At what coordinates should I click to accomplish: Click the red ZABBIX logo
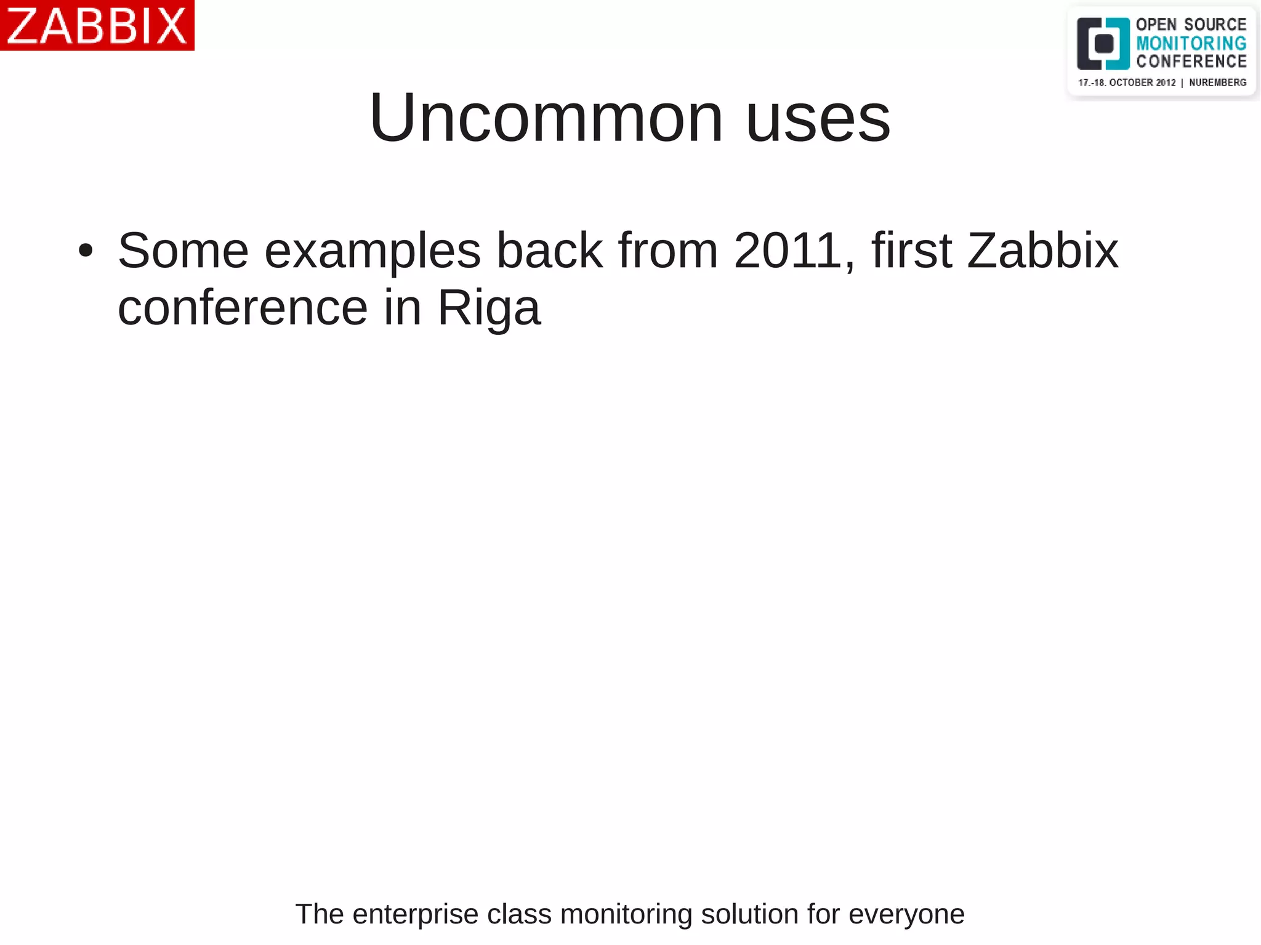pos(97,25)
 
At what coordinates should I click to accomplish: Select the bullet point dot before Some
pos(86,251)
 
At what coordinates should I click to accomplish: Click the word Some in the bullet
pos(183,251)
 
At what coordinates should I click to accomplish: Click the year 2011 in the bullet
pos(788,251)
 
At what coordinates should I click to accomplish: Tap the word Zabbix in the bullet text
pos(1042,251)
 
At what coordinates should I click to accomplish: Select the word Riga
pos(488,308)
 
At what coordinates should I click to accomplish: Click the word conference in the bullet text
pos(243,307)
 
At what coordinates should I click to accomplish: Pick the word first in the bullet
pos(912,251)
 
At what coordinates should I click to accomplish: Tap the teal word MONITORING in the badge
pos(1191,43)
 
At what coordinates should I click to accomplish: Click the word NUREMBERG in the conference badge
pos(1217,82)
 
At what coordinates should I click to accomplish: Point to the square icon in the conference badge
pos(1103,44)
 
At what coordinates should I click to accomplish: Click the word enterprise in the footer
pos(416,914)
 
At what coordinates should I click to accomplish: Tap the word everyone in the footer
pos(906,914)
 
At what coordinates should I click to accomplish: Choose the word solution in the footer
pos(749,914)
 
